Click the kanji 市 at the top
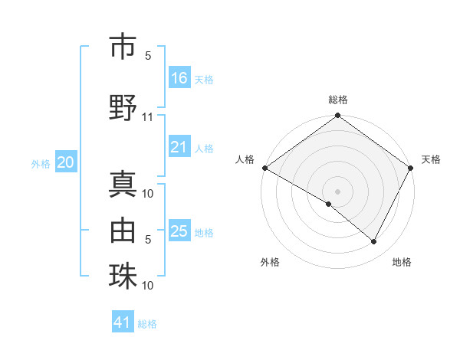pyautogui.click(x=123, y=47)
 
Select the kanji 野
pyautogui.click(x=123, y=108)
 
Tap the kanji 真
pyautogui.click(x=123, y=185)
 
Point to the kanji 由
pyautogui.click(x=123, y=228)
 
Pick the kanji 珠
pyautogui.click(x=123, y=276)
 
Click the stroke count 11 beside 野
pyautogui.click(x=148, y=117)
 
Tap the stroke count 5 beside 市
pyautogui.click(x=148, y=56)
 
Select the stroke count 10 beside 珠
pyautogui.click(x=148, y=286)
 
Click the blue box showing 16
pyautogui.click(x=179, y=78)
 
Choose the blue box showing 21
pyautogui.click(x=179, y=147)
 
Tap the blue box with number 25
pyautogui.click(x=179, y=231)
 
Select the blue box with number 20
pyautogui.click(x=65, y=162)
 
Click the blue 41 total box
pyautogui.click(x=123, y=322)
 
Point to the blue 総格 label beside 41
pyautogui.click(x=147, y=324)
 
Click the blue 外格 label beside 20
pyautogui.click(x=41, y=163)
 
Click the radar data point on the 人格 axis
pyautogui.click(x=264, y=168)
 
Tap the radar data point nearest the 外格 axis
pyautogui.click(x=329, y=204)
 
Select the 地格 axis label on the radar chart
pyautogui.click(x=402, y=262)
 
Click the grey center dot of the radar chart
pyautogui.click(x=337, y=191)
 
